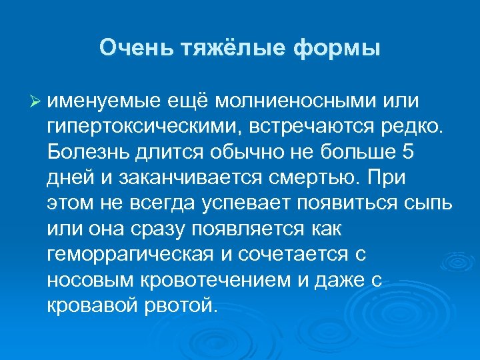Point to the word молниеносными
[284, 101]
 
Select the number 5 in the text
[409, 153]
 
